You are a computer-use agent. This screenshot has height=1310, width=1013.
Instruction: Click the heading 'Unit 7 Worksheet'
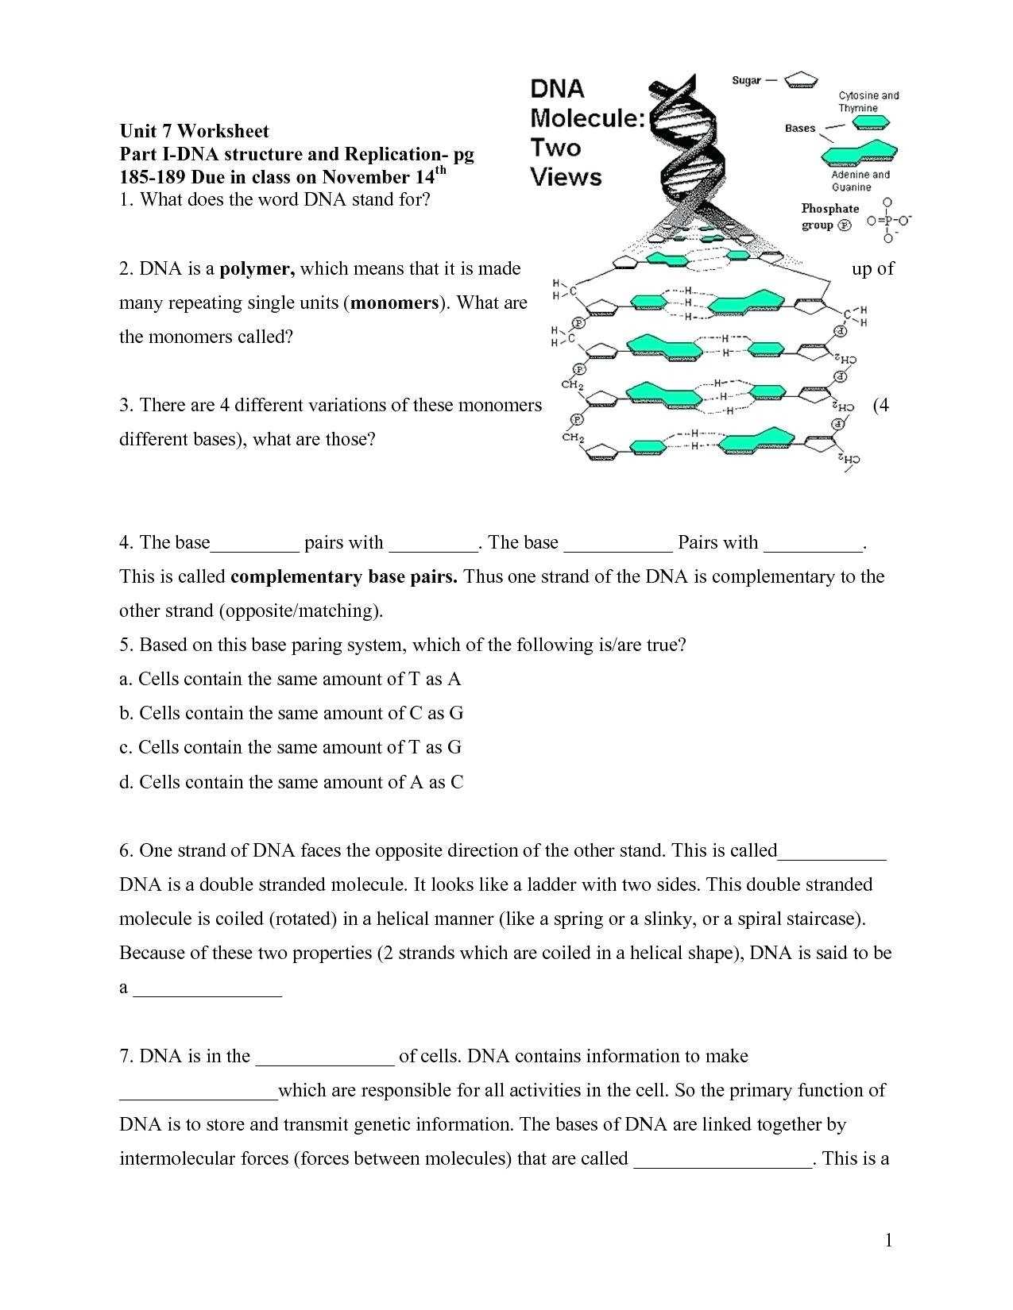pyautogui.click(x=194, y=131)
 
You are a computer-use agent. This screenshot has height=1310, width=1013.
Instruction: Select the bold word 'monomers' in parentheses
pyautogui.click(x=395, y=302)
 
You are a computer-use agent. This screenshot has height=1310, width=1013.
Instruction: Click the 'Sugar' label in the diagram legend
pyautogui.click(x=746, y=80)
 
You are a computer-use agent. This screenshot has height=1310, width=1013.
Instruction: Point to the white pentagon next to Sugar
pyautogui.click(x=801, y=79)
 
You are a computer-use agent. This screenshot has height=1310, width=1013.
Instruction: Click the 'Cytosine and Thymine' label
pyautogui.click(x=868, y=102)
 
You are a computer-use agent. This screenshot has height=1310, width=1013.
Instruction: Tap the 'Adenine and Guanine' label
pyautogui.click(x=860, y=181)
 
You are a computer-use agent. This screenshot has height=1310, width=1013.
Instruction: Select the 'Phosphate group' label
pyautogui.click(x=829, y=217)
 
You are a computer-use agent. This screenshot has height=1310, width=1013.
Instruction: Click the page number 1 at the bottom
pyautogui.click(x=889, y=1241)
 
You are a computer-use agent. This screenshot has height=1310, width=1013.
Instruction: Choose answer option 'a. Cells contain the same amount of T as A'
pyautogui.click(x=290, y=679)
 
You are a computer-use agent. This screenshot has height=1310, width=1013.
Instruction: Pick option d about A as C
pyautogui.click(x=291, y=782)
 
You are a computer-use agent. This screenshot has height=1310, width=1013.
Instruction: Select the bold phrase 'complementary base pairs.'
pyautogui.click(x=343, y=576)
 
